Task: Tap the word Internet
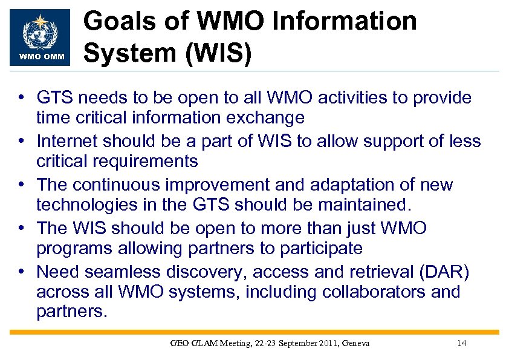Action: click(67, 142)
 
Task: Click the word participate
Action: click(318, 249)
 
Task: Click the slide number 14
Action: click(461, 344)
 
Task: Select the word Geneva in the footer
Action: click(355, 344)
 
